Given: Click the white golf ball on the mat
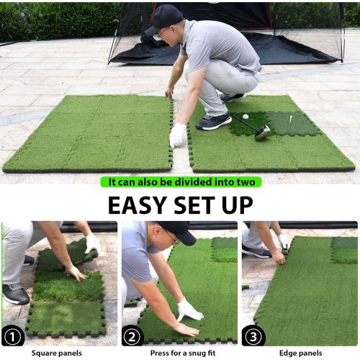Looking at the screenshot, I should click(245, 117).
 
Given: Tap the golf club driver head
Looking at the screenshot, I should click(262, 132).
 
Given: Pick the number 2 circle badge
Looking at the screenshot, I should click(133, 336).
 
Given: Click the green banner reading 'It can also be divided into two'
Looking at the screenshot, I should click(180, 182).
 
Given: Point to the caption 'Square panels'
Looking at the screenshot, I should click(56, 354).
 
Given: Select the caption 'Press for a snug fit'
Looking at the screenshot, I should click(179, 354).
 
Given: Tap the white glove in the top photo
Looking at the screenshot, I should click(177, 135).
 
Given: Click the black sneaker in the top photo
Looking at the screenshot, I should click(214, 122).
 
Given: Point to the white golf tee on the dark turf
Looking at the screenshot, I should click(290, 119).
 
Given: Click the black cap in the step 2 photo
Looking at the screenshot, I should click(178, 230).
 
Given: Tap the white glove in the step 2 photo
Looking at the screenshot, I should click(189, 310).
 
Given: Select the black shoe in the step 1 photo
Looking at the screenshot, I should click(16, 293).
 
